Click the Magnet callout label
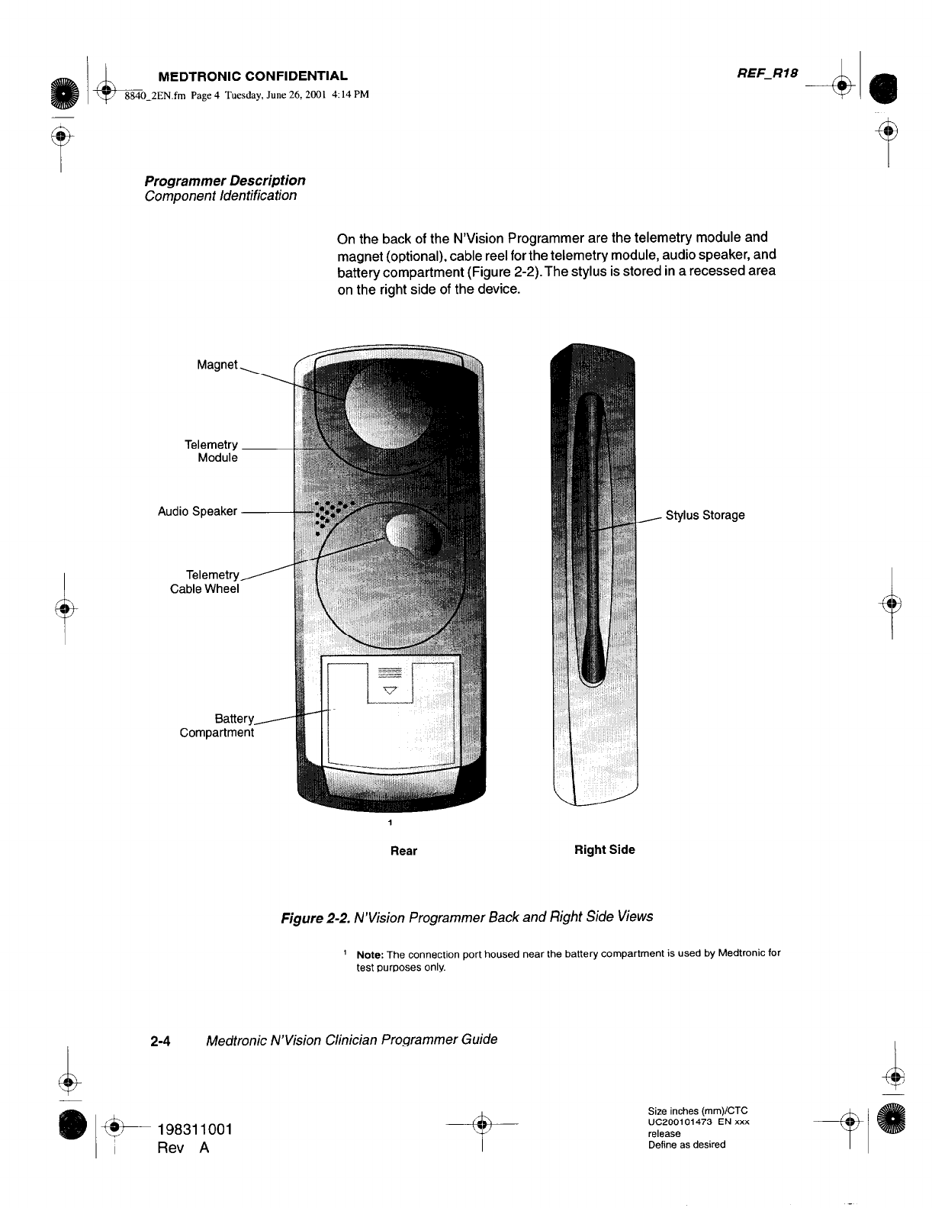217,365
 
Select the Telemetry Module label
211,451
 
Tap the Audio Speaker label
198,511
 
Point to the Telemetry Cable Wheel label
205,581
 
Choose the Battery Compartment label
217,726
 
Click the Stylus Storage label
705,515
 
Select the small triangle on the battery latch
390,691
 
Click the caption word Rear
403,851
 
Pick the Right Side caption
604,849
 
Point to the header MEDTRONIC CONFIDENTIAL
252,76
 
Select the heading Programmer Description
225,181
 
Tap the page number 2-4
161,1040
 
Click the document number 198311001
194,1129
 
